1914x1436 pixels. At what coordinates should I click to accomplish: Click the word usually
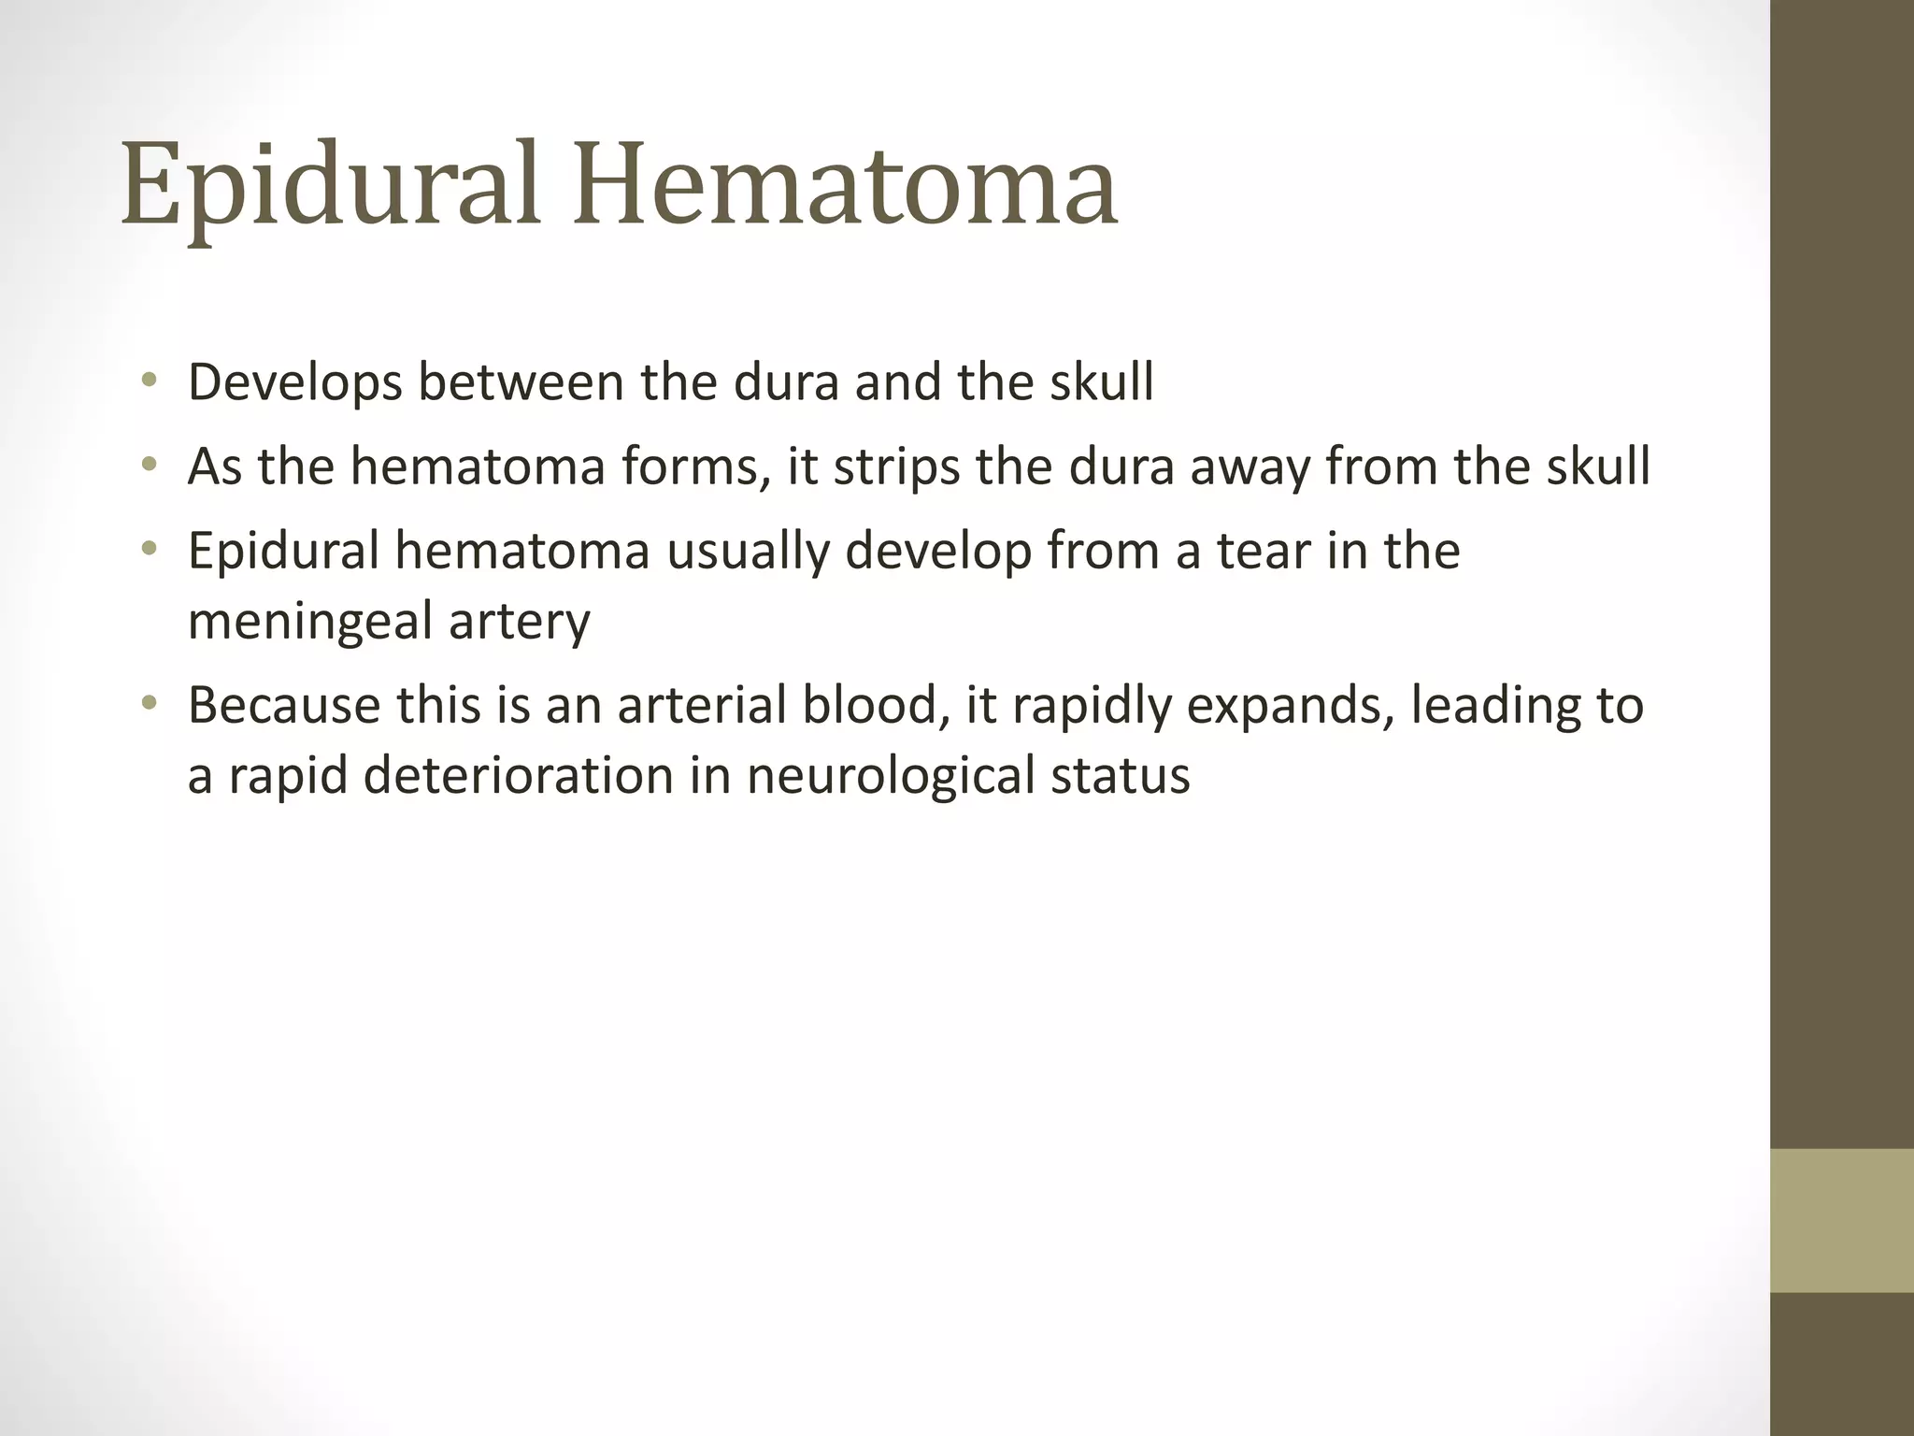748,550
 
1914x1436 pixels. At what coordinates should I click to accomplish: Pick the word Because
284,705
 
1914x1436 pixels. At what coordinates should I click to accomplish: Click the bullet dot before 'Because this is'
149,704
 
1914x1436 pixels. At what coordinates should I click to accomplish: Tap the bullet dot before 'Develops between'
149,381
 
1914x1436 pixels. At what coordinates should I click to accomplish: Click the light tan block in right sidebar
1842,1220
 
